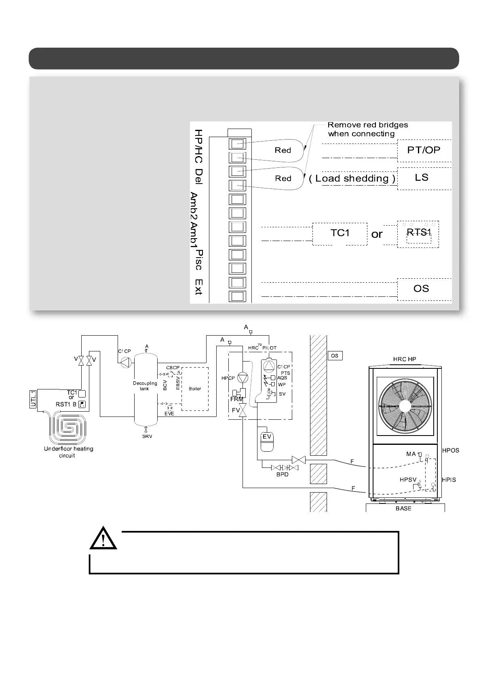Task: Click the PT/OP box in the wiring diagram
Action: coord(424,150)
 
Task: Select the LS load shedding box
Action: coord(422,178)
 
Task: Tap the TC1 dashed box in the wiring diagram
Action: coord(340,233)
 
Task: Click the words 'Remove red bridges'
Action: coord(367,125)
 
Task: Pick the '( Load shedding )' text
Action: coord(352,179)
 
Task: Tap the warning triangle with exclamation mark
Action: coord(103,539)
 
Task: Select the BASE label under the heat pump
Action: coord(403,508)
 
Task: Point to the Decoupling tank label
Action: coord(145,386)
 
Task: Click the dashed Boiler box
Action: coord(195,389)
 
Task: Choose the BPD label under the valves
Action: coord(282,474)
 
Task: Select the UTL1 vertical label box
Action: coord(34,399)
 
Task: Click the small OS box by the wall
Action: coord(335,356)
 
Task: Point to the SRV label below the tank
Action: coord(147,437)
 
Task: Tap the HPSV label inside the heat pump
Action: coord(408,480)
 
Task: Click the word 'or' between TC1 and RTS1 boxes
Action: coord(377,234)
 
